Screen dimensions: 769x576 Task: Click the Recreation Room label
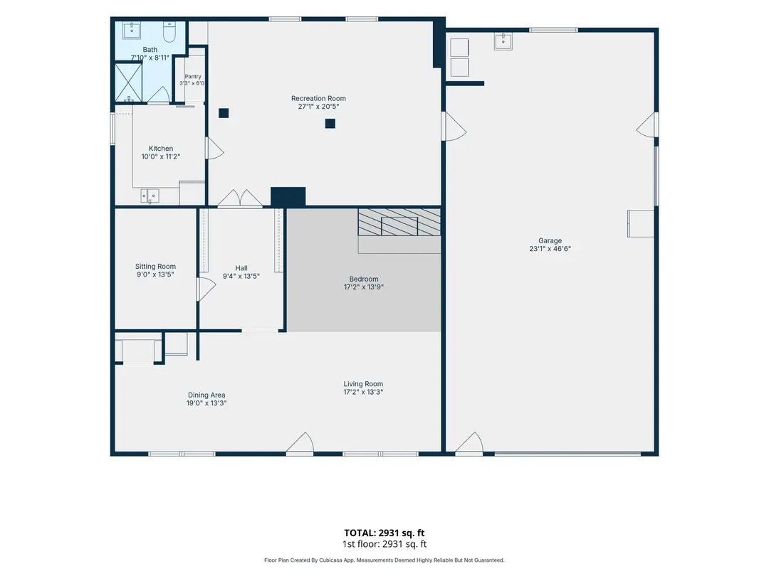(x=318, y=98)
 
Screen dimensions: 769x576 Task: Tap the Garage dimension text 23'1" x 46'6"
(x=550, y=249)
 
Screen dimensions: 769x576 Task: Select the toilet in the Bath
(x=169, y=32)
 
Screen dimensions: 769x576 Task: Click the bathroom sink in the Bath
(x=132, y=30)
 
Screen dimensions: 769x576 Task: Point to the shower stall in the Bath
(x=128, y=82)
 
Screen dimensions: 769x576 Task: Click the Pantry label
(x=193, y=76)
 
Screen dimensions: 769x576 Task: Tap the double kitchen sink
(x=150, y=196)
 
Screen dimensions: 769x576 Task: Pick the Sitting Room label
(x=155, y=267)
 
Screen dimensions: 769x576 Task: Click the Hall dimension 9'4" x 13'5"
(x=241, y=276)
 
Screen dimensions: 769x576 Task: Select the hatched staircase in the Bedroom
(x=399, y=223)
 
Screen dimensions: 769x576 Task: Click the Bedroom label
(x=364, y=279)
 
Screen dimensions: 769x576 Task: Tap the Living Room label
(x=363, y=384)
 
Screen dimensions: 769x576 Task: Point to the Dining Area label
(x=206, y=395)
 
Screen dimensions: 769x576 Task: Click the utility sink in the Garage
(x=503, y=42)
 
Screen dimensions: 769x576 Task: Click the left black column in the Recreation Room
(x=224, y=113)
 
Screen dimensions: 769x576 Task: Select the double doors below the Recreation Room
(x=240, y=199)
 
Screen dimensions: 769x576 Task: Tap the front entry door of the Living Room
(x=300, y=443)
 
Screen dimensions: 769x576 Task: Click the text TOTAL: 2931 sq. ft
(x=384, y=533)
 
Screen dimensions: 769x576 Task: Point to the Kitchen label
(x=161, y=149)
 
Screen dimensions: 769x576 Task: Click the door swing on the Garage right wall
(x=647, y=125)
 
